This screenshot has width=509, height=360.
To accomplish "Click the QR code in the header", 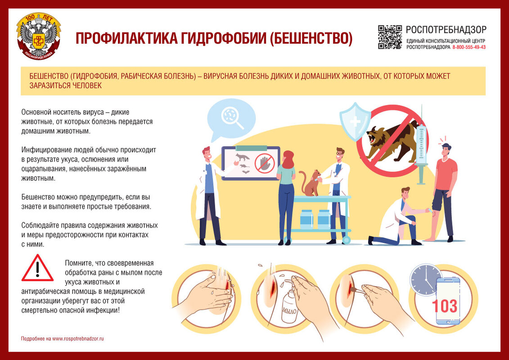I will (390, 37).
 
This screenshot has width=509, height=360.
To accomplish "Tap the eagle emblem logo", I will (38, 36).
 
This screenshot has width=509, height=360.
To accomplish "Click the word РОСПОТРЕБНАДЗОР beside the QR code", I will (446, 30).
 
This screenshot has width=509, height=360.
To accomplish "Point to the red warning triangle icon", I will (37, 268).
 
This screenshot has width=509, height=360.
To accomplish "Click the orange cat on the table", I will (311, 183).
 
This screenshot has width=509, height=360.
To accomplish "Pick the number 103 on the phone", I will (444, 306).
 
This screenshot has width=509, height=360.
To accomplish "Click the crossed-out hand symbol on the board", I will (264, 163).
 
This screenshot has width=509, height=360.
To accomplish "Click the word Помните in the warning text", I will (78, 263).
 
